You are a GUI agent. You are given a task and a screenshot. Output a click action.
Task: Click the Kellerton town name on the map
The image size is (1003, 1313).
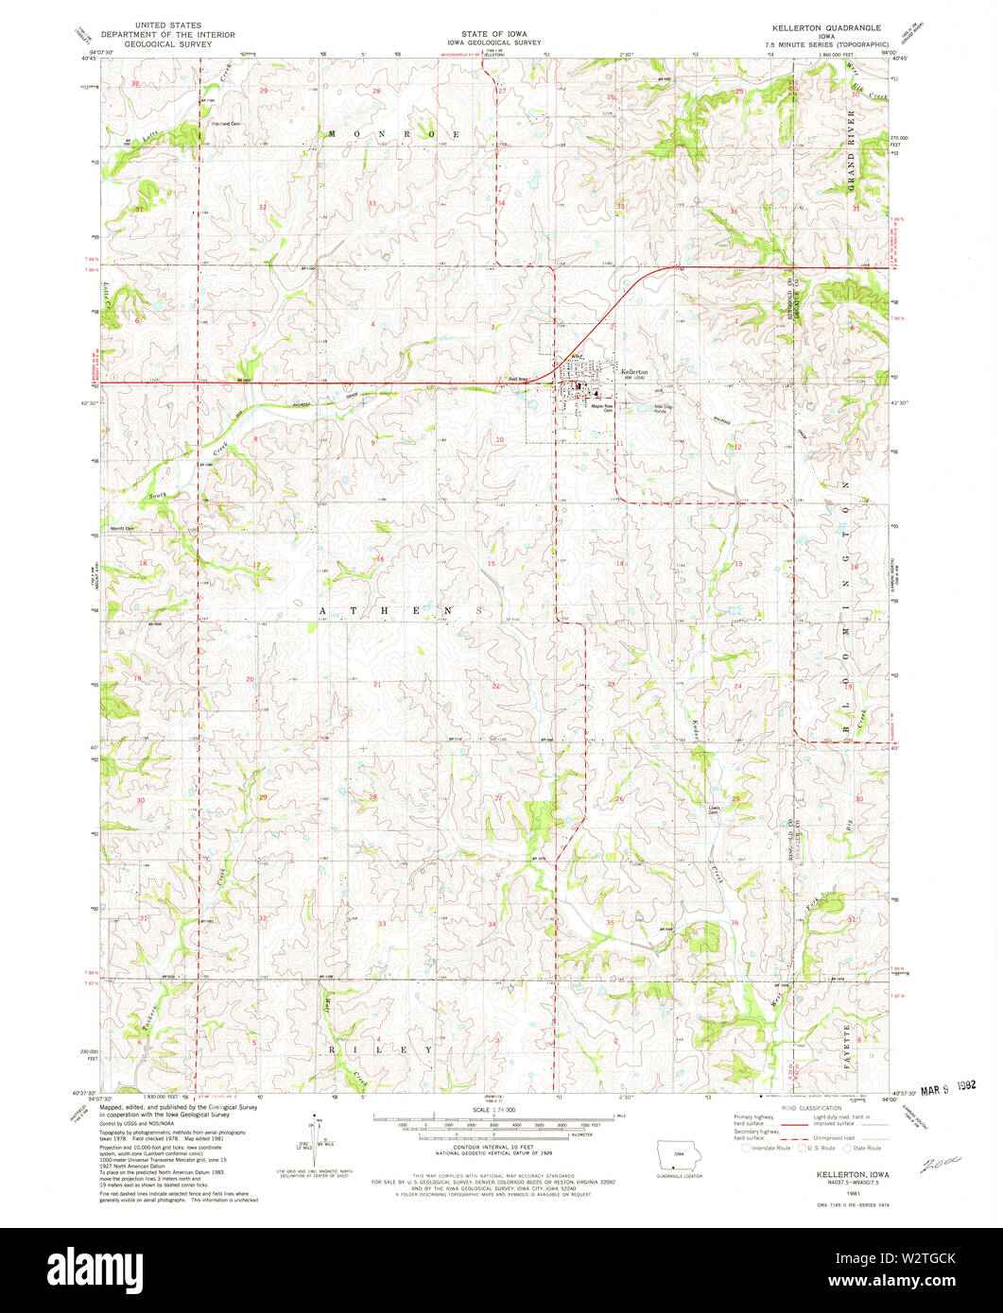(634, 372)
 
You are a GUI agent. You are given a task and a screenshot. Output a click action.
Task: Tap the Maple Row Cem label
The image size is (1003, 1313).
(604, 408)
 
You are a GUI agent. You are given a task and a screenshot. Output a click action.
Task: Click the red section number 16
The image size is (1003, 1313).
(379, 559)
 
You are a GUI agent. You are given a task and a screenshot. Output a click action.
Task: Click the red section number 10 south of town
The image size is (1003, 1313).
(500, 440)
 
